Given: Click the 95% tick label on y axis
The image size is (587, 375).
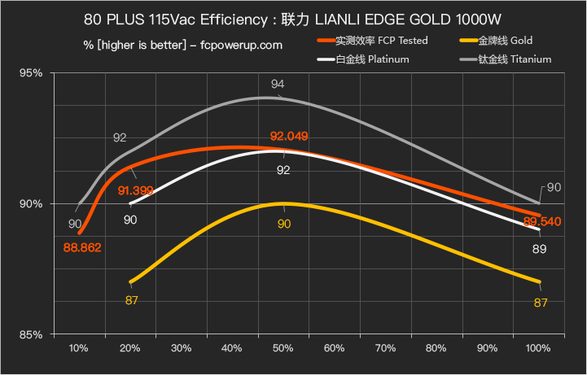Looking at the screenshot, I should click(31, 73).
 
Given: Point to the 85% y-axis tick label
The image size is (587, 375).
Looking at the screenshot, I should click(31, 334).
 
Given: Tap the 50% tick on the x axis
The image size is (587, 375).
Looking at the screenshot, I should click(283, 349).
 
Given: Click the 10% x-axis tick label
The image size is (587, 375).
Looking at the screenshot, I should click(79, 349).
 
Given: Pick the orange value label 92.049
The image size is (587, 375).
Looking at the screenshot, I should click(289, 136).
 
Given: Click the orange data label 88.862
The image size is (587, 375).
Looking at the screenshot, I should click(82, 247).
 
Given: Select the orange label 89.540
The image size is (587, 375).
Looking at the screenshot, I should click(542, 221).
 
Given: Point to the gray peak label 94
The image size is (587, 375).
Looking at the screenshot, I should click(278, 85).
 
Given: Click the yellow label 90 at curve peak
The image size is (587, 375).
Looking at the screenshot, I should click(283, 224).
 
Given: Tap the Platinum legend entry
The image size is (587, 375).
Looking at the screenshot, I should click(374, 59).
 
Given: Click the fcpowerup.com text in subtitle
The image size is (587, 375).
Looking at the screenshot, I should click(242, 45).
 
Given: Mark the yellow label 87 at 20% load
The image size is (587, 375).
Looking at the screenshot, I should click(131, 301).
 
